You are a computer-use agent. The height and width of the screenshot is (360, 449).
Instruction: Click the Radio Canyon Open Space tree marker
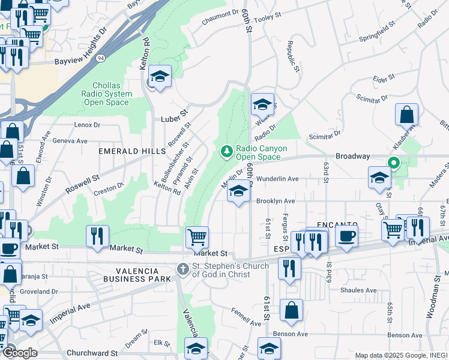(227, 151)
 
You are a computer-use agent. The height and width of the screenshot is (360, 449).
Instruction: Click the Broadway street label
(352, 156)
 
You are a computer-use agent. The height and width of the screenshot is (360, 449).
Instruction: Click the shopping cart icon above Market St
(197, 236)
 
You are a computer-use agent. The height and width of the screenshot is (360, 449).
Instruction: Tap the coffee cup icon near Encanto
(346, 236)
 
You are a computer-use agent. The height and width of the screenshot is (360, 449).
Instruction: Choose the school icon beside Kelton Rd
(160, 76)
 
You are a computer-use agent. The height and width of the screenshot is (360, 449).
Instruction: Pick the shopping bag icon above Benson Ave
(291, 310)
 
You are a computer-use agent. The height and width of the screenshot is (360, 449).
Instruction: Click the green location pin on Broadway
(394, 163)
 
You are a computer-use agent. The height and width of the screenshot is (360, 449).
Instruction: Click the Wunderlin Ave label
(277, 179)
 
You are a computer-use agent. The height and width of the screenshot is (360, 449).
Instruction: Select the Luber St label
(174, 119)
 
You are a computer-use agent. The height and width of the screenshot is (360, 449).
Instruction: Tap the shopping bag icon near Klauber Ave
(406, 113)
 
